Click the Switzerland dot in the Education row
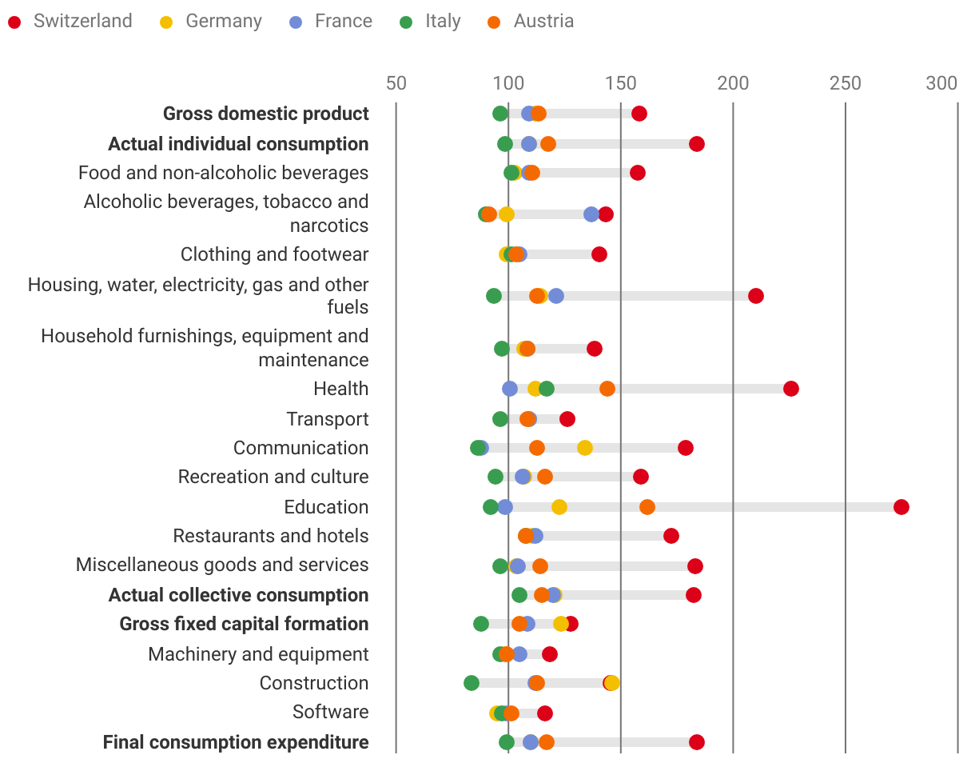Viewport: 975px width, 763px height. click(x=901, y=507)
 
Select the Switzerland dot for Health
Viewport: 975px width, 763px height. click(x=791, y=389)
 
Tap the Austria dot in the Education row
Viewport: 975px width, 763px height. click(x=647, y=507)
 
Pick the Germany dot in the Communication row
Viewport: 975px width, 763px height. click(x=585, y=448)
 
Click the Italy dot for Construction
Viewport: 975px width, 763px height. click(x=472, y=683)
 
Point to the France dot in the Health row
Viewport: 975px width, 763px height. click(x=510, y=389)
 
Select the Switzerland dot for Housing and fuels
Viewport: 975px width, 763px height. click(x=756, y=296)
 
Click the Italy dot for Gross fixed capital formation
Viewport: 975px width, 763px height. click(x=481, y=624)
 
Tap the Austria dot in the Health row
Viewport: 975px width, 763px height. click(x=607, y=389)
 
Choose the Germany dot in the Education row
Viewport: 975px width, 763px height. click(x=559, y=507)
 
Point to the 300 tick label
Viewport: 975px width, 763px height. click(x=941, y=83)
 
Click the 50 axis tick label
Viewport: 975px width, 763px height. click(x=396, y=83)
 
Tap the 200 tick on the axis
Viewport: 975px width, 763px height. click(x=733, y=83)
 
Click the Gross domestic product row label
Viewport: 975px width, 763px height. click(x=266, y=114)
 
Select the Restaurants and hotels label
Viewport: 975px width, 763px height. click(x=271, y=536)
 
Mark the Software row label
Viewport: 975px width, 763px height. click(x=331, y=712)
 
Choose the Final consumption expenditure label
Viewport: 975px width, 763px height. click(x=236, y=742)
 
